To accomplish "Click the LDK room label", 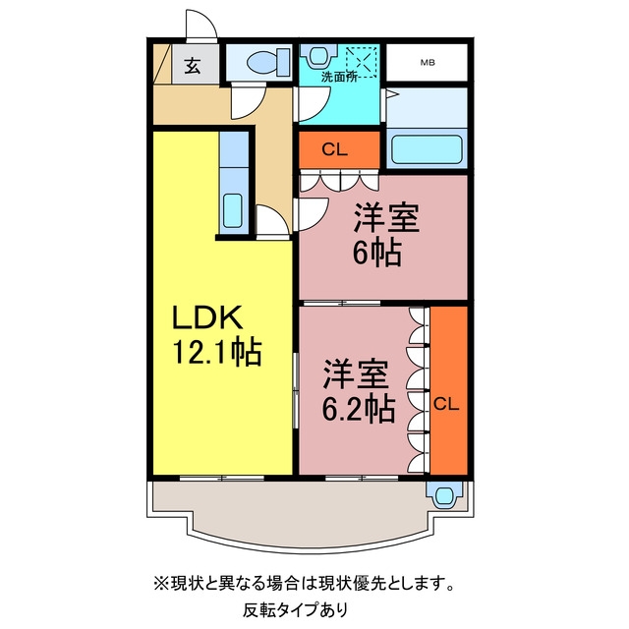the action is (x=207, y=316).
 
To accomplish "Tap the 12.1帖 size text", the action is (x=217, y=352).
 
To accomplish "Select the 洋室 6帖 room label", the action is (x=386, y=235).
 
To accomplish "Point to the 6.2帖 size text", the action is (x=358, y=409).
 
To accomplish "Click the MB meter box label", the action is (x=428, y=63).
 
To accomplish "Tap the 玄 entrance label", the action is (x=193, y=66).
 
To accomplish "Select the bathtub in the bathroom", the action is (x=427, y=149).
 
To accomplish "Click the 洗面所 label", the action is (x=339, y=77).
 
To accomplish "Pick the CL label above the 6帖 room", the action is (x=334, y=149).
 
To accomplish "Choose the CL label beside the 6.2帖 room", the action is (x=446, y=404).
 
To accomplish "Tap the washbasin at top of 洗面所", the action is (x=318, y=55).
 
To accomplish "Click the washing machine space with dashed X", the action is (x=362, y=62).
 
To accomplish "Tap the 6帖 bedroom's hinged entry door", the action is (x=313, y=215).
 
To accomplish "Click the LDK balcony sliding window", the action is (x=222, y=478).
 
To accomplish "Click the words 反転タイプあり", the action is (x=295, y=610).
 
